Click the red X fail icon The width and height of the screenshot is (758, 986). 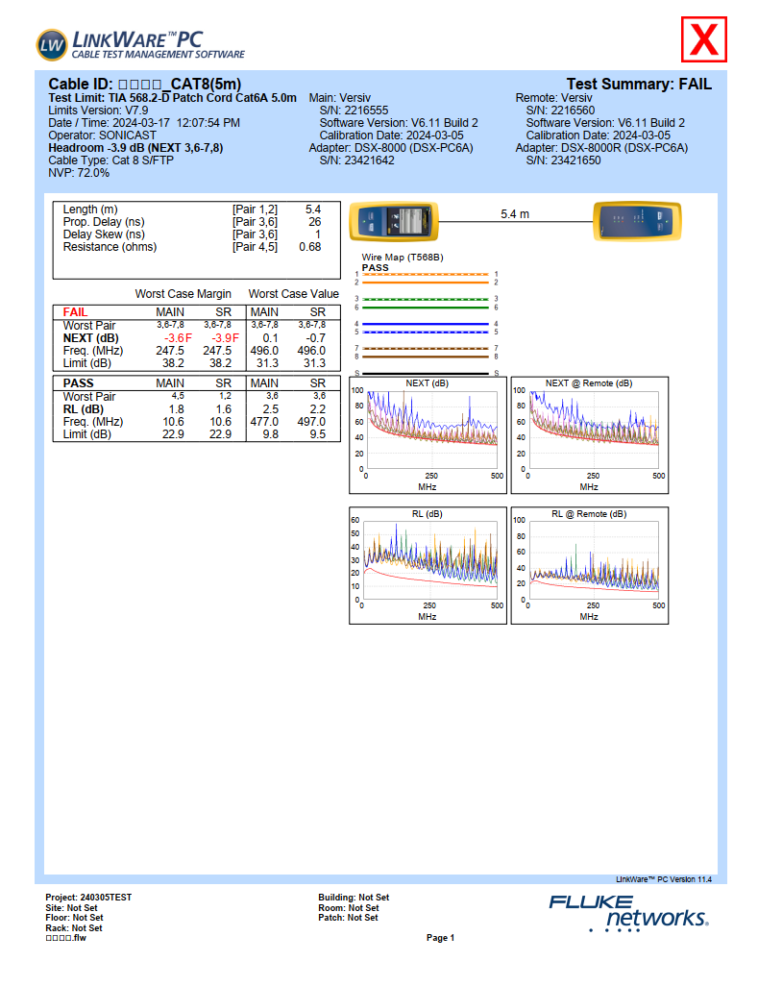coord(705,39)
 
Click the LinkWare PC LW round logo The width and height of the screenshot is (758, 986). coord(52,43)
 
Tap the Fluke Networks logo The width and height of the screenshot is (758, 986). coord(628,911)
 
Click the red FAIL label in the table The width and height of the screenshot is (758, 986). coord(75,312)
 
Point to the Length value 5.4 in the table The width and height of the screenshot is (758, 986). coord(312,209)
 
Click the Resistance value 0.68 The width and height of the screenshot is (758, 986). coord(309,247)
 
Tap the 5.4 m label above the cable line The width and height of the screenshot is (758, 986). coord(515,213)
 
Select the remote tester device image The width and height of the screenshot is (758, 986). coord(637,222)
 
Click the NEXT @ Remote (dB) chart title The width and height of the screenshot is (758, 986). coord(589,383)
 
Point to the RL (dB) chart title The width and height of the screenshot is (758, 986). coord(428,514)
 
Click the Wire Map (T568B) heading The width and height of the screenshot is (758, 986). coord(401,258)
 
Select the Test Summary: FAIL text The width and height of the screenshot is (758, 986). coord(639,85)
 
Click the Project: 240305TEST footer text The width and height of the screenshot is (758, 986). coord(88,898)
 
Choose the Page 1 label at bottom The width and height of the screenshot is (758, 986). coord(440,938)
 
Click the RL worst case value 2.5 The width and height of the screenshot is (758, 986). coord(270,409)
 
